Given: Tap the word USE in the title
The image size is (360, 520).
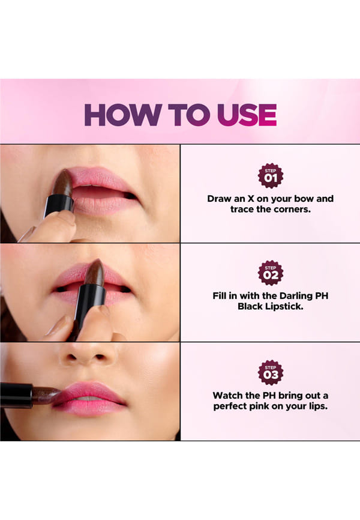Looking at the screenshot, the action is click(x=247, y=115).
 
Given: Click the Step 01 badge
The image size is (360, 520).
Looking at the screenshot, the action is click(x=271, y=176).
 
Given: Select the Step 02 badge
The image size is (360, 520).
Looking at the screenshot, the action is click(x=271, y=273).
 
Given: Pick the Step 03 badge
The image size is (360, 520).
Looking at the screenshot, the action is click(x=271, y=373).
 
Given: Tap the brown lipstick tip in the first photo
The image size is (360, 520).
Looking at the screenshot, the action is click(x=62, y=183).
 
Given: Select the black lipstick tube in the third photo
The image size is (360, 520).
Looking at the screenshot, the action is click(x=16, y=395).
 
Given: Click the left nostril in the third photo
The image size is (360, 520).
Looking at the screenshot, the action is click(x=71, y=357).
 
